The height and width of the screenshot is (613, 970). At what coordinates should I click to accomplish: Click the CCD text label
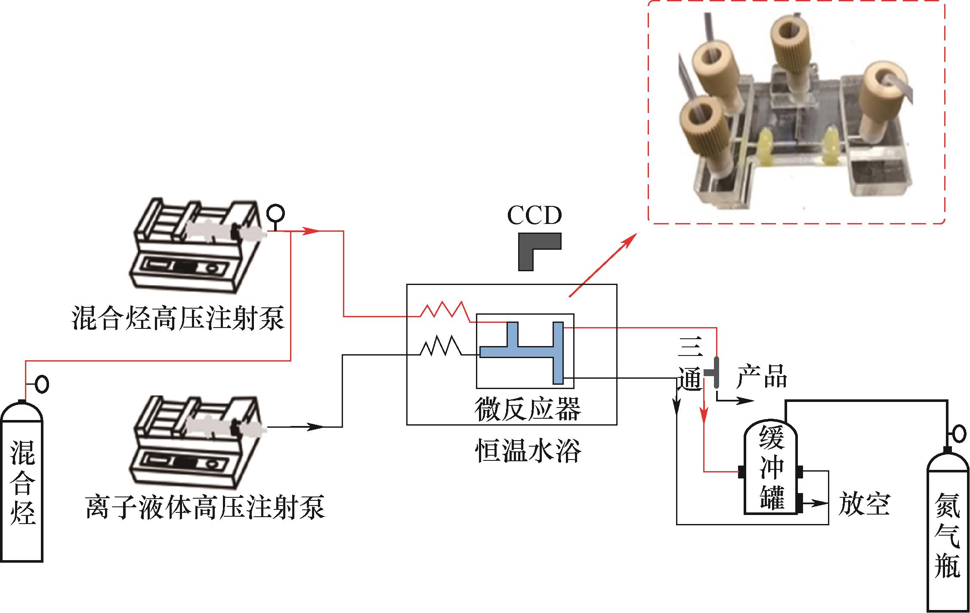534,216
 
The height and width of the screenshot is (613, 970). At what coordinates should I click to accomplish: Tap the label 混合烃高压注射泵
178,318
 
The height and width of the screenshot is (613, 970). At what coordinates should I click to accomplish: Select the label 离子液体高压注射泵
205,507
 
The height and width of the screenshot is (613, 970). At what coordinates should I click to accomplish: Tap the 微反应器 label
528,408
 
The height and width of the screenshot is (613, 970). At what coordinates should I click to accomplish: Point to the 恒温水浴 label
528,450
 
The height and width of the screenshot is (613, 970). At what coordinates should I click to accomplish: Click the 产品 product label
762,377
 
